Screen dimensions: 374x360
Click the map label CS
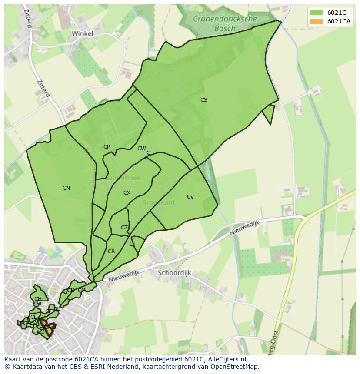coord(203,100)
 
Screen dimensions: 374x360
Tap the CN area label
coord(66,188)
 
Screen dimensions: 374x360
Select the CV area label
coord(190,197)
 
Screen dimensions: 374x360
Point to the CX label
coord(127,193)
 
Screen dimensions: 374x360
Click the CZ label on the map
coord(124,228)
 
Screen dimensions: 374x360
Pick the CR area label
coord(111,252)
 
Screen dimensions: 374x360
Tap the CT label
coord(132,244)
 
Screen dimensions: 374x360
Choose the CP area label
coord(107,147)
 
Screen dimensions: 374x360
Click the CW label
coord(141,149)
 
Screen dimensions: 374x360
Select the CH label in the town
coord(38,299)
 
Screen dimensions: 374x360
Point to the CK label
coord(70,291)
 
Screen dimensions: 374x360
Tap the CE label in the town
coord(33,317)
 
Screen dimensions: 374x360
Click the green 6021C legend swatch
coord(316,13)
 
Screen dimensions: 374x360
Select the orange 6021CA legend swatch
coord(316,21)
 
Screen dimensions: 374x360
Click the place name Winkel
coord(82,33)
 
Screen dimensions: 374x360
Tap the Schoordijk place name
coord(174,273)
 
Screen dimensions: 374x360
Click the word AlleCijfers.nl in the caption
coord(226,359)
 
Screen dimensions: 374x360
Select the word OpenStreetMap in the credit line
coord(236,367)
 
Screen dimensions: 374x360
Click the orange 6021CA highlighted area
coord(49,331)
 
